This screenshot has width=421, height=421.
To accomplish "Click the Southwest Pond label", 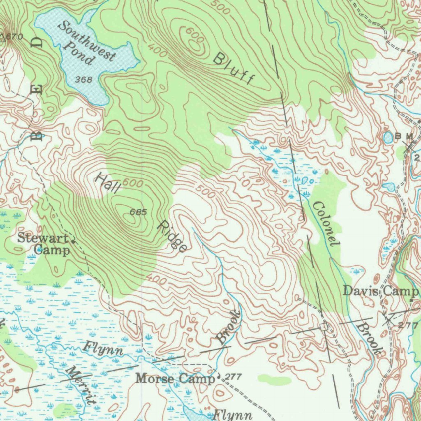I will (x=86, y=43).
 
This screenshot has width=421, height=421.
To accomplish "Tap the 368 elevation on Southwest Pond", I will (x=84, y=79).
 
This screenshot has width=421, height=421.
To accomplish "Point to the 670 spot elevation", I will (x=15, y=37).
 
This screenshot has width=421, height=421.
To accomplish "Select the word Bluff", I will (x=234, y=69).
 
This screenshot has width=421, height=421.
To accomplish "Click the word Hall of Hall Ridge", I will (x=108, y=183).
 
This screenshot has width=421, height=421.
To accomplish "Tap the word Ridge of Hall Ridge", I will (x=173, y=236).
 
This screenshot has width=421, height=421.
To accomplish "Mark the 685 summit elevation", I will (x=138, y=212).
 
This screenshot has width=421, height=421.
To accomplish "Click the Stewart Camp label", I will (x=44, y=244).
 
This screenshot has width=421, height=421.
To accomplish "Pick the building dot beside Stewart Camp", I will (x=74, y=241).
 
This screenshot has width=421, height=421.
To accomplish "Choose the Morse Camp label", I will (x=175, y=378).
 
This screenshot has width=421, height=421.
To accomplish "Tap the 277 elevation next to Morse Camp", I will (x=233, y=376).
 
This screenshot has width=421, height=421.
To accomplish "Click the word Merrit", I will (x=81, y=385).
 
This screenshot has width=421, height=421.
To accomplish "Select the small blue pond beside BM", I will (x=388, y=137).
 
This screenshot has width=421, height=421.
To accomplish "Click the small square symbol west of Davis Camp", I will (x=324, y=326).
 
